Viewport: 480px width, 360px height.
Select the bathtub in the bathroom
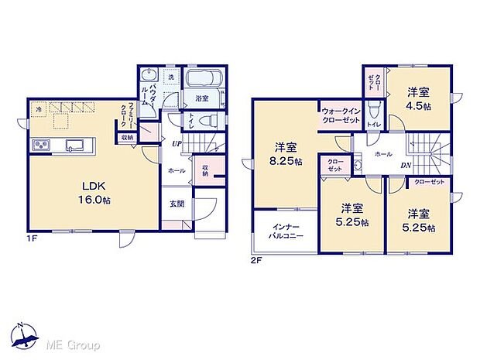(x=204, y=80)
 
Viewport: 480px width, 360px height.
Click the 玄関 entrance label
(x=177, y=204)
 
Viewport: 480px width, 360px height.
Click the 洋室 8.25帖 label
(x=285, y=153)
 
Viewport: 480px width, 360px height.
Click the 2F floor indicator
(x=256, y=261)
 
